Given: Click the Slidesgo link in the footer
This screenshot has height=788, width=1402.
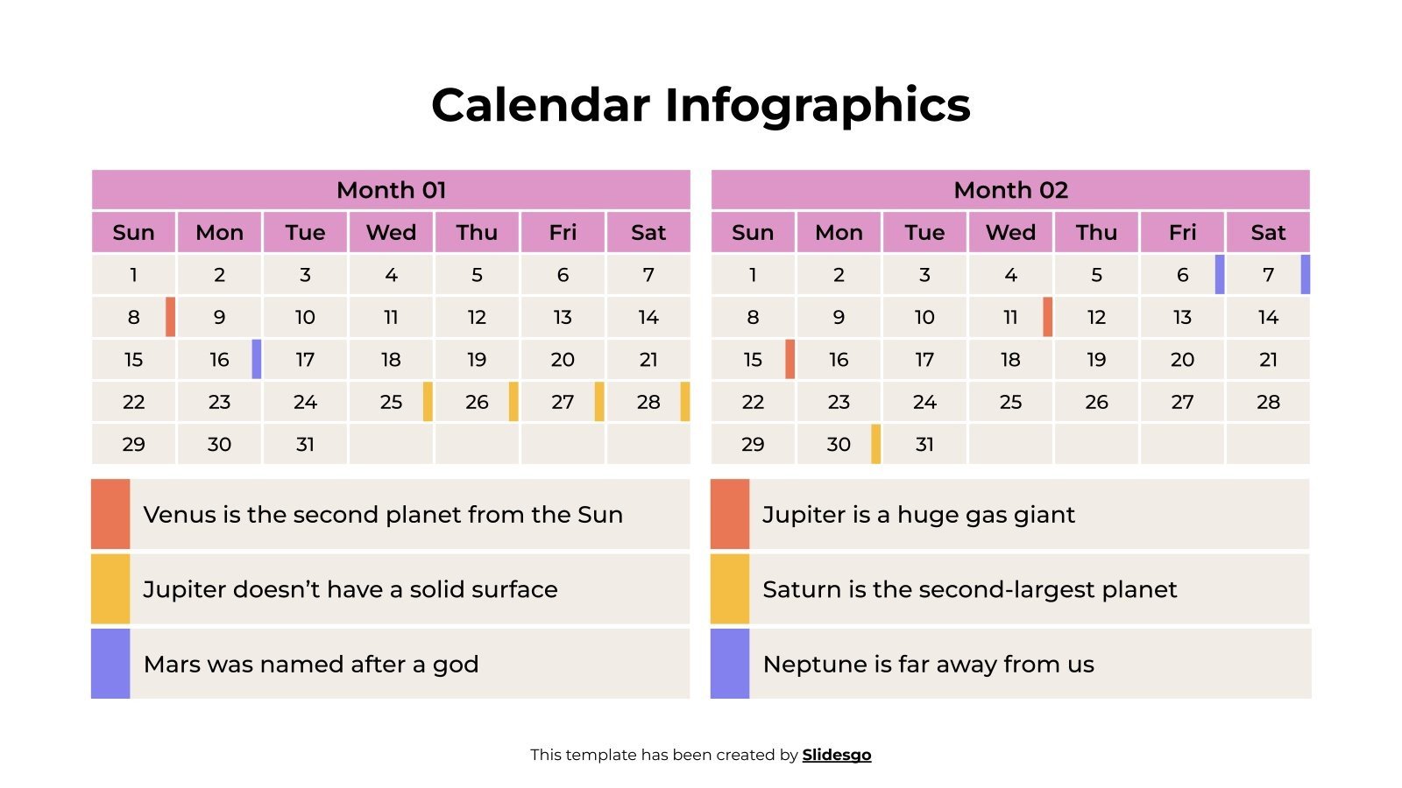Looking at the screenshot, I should (x=836, y=755).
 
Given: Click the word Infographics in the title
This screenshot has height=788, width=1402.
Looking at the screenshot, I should (x=817, y=106).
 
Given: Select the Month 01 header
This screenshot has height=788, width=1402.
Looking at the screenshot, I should (x=391, y=190).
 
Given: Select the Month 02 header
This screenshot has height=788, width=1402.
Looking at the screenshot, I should (x=1010, y=190).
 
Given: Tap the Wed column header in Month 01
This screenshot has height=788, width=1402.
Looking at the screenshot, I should (x=391, y=233).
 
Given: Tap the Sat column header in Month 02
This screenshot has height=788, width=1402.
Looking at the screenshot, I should (x=1268, y=233).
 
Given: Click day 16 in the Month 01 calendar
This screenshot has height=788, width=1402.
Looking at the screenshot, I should (x=219, y=360).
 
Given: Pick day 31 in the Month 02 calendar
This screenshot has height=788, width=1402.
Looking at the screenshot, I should (x=924, y=445).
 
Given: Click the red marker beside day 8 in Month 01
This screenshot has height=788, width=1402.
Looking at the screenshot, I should (x=171, y=317).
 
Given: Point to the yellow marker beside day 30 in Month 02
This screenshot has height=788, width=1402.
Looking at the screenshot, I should (x=875, y=444).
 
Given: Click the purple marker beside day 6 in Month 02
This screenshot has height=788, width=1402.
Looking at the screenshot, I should (x=1220, y=275).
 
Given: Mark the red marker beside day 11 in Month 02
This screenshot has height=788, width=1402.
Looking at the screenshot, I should (x=1047, y=317).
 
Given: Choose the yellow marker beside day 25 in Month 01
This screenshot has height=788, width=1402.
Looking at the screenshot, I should (x=428, y=402).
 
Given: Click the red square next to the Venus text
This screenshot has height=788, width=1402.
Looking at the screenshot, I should (x=110, y=514).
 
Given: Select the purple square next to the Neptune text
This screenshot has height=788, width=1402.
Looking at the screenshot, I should (x=730, y=664).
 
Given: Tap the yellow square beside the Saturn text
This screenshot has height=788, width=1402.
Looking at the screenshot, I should (x=730, y=589).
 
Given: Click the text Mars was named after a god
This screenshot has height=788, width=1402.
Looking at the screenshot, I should (x=311, y=665).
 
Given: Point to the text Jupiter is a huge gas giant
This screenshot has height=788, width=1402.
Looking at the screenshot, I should (x=918, y=515).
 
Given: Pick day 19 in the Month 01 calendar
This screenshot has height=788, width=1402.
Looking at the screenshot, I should (x=477, y=360).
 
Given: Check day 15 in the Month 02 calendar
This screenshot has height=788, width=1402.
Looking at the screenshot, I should (x=753, y=360).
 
